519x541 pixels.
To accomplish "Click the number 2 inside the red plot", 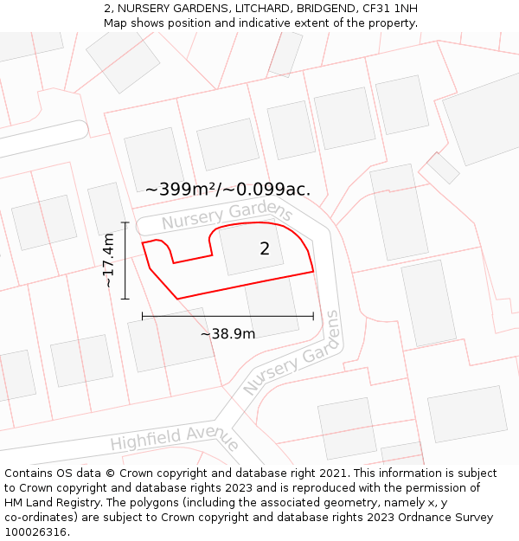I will pyautogui.click(x=265, y=249).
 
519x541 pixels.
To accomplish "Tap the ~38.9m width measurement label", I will pyautogui.click(x=228, y=334).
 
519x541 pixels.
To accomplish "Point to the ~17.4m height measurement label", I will pyautogui.click(x=109, y=261).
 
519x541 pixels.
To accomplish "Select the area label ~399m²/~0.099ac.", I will pyautogui.click(x=227, y=190).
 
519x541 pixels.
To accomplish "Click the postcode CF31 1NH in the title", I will pyautogui.click(x=394, y=9).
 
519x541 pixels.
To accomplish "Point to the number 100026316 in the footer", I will pyautogui.click(x=36, y=532).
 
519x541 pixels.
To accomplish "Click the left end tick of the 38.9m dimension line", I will pyautogui.click(x=143, y=317).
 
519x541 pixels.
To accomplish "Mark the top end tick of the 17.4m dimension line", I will pyautogui.click(x=125, y=223).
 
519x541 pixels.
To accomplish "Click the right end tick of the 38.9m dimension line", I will pyautogui.click(x=313, y=317).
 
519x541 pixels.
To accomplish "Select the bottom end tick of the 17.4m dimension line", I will pyautogui.click(x=125, y=299).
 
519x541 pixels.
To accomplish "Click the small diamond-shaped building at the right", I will pyautogui.click(x=443, y=167).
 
